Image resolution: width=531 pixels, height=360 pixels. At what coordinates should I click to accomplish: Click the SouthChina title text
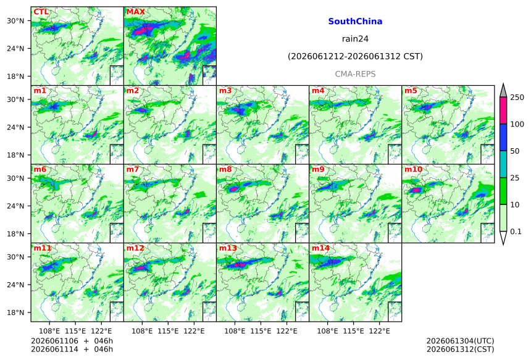click(355, 22)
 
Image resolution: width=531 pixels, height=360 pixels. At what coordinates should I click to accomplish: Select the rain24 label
click(355, 39)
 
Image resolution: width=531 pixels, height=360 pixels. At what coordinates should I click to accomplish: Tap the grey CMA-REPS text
click(355, 74)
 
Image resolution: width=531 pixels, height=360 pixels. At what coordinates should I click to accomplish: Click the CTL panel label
click(41, 12)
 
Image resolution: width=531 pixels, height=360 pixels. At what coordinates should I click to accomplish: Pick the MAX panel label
click(135, 12)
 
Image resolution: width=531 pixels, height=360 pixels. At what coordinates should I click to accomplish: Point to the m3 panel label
click(225, 91)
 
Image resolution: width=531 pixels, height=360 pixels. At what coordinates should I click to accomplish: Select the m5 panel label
click(411, 91)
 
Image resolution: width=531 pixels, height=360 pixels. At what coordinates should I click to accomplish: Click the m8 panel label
click(225, 169)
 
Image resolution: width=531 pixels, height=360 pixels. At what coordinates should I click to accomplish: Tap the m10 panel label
click(413, 169)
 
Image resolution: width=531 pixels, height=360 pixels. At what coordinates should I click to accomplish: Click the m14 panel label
click(320, 248)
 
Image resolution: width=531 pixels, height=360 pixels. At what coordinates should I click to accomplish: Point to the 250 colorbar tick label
click(517, 98)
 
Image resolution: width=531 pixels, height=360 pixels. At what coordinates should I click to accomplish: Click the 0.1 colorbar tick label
click(516, 232)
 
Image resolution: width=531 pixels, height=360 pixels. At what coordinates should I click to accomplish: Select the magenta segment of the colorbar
click(503, 111)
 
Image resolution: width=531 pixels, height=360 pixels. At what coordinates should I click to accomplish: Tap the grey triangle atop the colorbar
click(503, 90)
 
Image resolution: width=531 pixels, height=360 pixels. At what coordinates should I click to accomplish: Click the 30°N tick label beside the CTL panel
click(15, 21)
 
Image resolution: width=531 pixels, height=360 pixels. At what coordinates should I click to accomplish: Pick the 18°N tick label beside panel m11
click(15, 312)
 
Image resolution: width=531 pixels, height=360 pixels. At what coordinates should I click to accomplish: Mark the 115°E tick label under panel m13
click(261, 331)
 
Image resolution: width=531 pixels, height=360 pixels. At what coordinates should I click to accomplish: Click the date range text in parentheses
click(355, 57)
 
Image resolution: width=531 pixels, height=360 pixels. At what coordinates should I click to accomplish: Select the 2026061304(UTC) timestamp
click(460, 341)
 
